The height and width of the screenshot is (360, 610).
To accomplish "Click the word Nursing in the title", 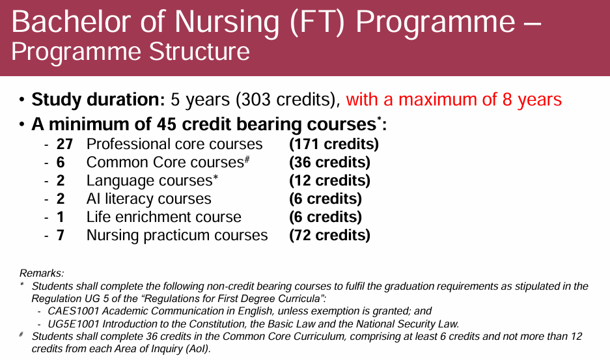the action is (227, 23).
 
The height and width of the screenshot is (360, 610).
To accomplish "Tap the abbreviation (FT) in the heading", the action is (317, 22).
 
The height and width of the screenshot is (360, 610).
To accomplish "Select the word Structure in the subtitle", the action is (199, 52).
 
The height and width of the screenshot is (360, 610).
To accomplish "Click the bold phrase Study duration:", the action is (98, 99).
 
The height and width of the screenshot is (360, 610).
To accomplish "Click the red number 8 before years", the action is (507, 100).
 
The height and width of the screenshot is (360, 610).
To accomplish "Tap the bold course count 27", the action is (64, 144).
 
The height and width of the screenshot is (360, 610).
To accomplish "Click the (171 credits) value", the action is (334, 144).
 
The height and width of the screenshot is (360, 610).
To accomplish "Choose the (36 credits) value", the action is (329, 162).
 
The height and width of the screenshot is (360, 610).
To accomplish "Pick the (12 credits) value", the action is (329, 180).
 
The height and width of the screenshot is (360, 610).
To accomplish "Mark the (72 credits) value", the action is (329, 235).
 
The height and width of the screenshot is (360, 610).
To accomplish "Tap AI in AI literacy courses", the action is (93, 199).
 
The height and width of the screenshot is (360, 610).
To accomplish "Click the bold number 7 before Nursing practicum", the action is (61, 235).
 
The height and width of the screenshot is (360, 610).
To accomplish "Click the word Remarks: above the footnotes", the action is (42, 273).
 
